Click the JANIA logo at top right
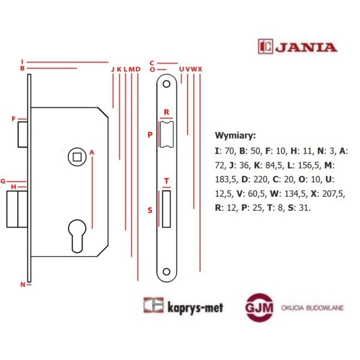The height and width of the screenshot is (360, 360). click(297, 46)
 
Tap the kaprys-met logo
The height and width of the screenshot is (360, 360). click(183, 306)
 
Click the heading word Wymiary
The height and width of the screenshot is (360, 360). click(235, 136)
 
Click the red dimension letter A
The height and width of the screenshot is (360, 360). click(92, 152)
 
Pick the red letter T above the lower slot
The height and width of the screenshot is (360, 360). click(166, 181)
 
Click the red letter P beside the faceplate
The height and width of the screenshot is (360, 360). click(150, 135)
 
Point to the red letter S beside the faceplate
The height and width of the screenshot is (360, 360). click(150, 210)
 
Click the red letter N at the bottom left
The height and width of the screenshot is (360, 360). click(23, 284)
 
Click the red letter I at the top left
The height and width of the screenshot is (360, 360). click(22, 61)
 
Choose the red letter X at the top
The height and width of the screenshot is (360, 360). click(200, 69)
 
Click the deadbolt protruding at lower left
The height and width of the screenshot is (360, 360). click(17, 209)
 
